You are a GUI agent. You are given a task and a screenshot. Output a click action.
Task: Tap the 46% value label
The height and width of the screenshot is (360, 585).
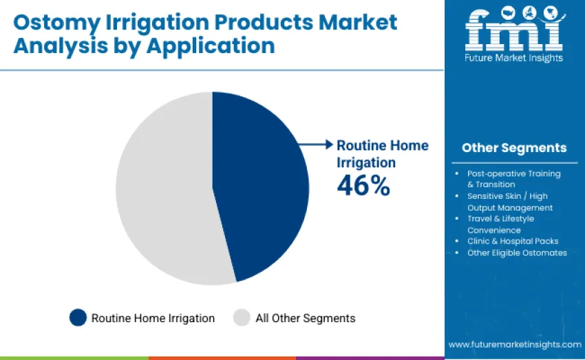(363, 185)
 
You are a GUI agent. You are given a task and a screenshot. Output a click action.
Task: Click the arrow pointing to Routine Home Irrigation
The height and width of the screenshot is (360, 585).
(317, 145)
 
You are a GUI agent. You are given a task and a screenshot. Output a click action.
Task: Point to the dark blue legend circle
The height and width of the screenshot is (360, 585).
(78, 317)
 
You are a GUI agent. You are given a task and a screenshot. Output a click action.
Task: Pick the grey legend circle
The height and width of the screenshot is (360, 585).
(242, 317)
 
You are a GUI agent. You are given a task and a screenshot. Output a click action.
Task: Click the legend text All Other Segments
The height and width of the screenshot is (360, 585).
(305, 318)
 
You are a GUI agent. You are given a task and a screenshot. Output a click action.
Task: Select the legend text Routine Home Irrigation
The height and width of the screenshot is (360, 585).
(153, 318)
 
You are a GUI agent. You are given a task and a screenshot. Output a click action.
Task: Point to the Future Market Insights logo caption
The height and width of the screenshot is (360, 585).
(513, 58)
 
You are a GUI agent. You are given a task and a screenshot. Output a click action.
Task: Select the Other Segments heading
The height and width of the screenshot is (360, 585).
(514, 148)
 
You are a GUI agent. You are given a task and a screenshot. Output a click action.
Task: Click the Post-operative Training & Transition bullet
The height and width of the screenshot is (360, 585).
(513, 179)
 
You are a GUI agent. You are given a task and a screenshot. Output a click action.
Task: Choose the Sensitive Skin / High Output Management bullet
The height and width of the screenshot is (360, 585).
(509, 202)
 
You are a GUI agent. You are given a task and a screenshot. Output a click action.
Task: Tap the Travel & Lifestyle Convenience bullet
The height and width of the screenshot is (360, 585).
(500, 224)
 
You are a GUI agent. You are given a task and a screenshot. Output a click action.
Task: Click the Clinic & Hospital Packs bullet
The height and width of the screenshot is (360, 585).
(513, 241)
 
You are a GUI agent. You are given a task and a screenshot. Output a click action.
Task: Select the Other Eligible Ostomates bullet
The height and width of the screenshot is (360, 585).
(516, 253)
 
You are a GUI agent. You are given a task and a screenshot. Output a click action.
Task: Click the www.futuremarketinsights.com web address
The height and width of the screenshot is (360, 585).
(514, 344)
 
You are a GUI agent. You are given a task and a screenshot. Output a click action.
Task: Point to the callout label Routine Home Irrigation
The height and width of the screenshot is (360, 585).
(382, 153)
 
